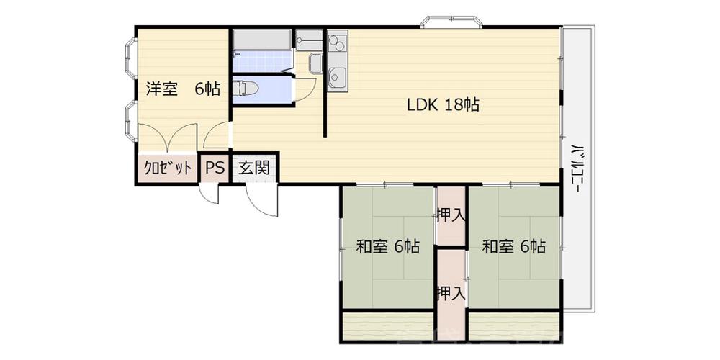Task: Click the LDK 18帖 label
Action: pyautogui.click(x=443, y=105)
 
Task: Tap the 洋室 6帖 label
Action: pyautogui.click(x=183, y=89)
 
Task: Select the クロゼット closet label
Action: pyautogui.click(x=168, y=168)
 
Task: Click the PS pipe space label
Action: pyautogui.click(x=215, y=168)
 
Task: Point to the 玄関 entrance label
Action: pyautogui.click(x=253, y=168)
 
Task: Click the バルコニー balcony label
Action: pyautogui.click(x=576, y=168)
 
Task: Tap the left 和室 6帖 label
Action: pyautogui.click(x=388, y=247)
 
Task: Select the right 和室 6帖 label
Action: pyautogui.click(x=514, y=247)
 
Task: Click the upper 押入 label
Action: pyautogui.click(x=451, y=215)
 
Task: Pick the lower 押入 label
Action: pyautogui.click(x=451, y=292)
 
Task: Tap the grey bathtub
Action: pyautogui.click(x=262, y=40)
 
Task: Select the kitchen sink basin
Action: pyautogui.click(x=338, y=77)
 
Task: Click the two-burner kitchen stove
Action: pyautogui.click(x=338, y=42)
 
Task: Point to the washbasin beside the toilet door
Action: pyautogui.click(x=316, y=63)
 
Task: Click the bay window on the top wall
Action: pyautogui.click(x=452, y=22)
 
